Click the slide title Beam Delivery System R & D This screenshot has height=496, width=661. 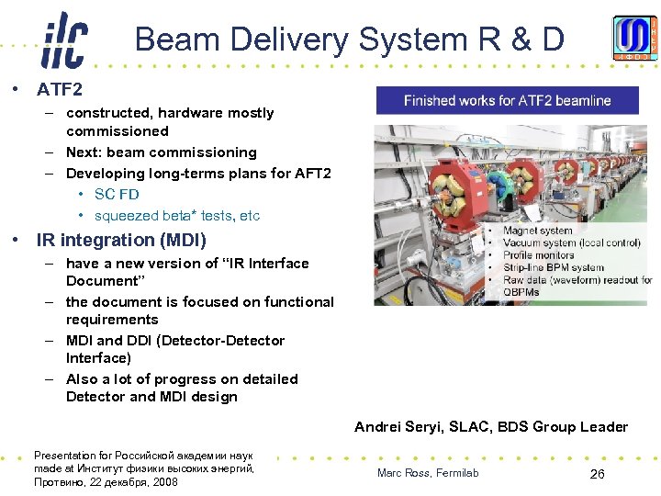349,39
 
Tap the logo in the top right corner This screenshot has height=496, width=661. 635,39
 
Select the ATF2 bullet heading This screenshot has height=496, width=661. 59,90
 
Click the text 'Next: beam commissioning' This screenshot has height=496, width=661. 161,152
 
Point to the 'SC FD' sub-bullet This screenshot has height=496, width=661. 117,195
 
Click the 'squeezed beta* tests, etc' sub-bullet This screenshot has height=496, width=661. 176,216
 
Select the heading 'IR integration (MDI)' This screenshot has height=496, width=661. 121,240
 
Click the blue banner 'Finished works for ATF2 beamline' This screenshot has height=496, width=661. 507,100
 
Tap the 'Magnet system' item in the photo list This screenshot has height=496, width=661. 538,231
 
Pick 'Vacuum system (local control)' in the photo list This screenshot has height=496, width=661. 569,243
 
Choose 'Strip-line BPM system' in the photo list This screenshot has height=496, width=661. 554,268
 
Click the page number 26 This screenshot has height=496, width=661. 597,474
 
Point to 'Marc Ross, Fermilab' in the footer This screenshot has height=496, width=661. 428,473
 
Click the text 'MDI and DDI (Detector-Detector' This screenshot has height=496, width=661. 174,341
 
